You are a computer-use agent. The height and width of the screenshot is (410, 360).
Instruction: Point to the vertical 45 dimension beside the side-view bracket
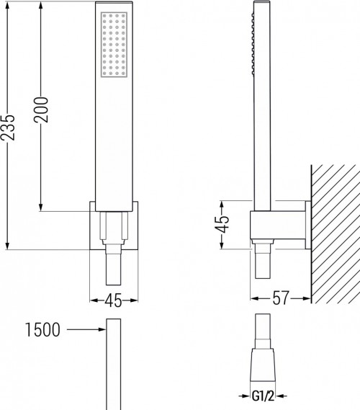point(223,225)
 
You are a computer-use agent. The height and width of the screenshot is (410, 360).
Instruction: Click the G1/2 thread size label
point(262,396)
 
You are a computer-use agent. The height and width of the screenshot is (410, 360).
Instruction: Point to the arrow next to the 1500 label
point(90,331)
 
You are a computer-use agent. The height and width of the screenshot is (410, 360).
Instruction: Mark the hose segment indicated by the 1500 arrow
point(114,360)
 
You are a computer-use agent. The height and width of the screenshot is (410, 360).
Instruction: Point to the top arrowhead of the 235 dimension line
point(7,6)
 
